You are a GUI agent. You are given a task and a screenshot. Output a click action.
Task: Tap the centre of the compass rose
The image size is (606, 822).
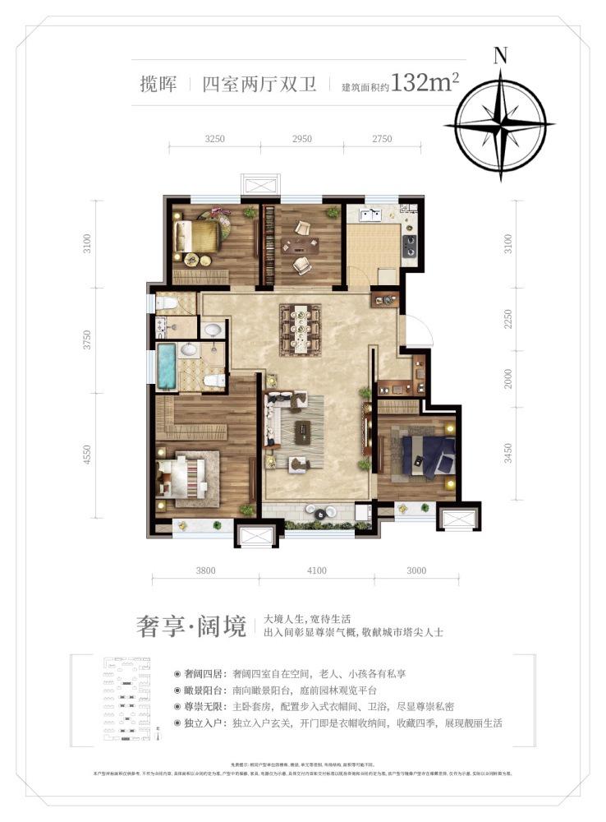pos(499,126)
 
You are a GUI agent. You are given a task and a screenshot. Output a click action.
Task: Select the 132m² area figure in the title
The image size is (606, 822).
pos(425,83)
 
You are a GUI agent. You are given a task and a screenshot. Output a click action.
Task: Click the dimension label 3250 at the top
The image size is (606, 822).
pos(213,139)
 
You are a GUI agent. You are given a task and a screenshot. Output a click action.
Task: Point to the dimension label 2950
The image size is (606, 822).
pos(301,139)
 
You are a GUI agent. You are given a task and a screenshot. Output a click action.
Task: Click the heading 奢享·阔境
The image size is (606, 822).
pos(191,626)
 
